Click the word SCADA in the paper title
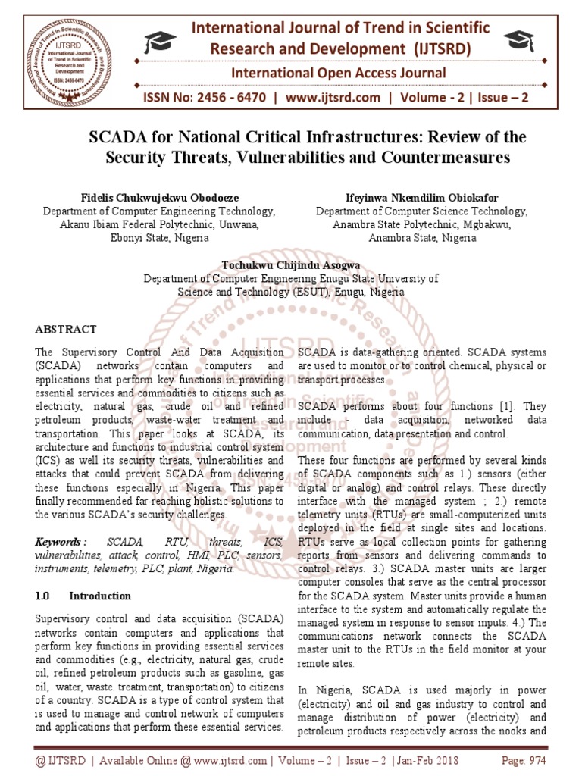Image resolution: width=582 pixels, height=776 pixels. [x=116, y=138]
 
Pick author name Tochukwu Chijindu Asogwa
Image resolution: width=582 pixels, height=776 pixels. [x=291, y=264]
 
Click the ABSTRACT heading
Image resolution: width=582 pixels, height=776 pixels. [x=66, y=329]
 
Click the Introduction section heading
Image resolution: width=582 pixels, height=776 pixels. [x=100, y=596]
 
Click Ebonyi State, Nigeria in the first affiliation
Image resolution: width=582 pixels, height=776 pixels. [x=159, y=237]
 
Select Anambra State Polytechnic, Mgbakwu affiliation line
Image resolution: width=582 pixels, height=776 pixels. [x=422, y=224]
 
